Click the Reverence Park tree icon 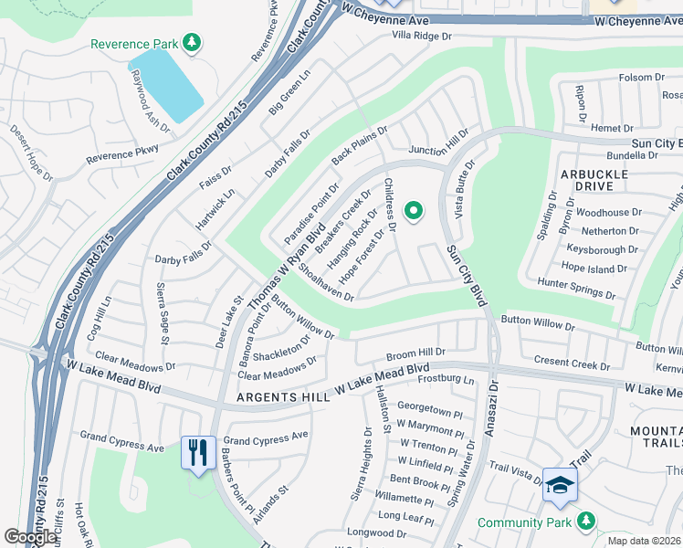click(x=191, y=42)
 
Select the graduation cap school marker click(x=559, y=485)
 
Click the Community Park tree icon click(x=585, y=522)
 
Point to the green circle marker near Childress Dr click(x=414, y=212)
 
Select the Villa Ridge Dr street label click(x=422, y=35)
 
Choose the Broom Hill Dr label click(x=415, y=352)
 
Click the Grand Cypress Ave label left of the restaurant click(x=121, y=441)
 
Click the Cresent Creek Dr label click(x=573, y=364)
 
